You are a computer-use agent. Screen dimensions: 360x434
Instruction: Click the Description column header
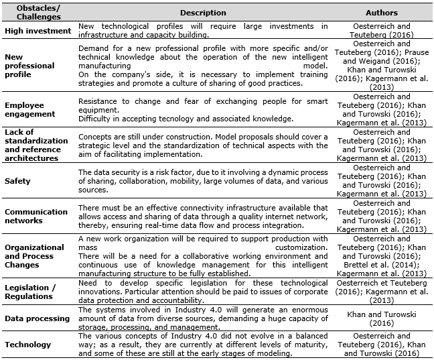coord(203,13)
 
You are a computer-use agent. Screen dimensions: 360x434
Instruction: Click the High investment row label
coord(38,31)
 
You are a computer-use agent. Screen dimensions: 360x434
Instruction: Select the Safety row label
coord(17,181)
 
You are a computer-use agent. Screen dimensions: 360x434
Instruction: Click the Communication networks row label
coord(36,216)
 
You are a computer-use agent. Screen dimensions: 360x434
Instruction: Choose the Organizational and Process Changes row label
coord(34,255)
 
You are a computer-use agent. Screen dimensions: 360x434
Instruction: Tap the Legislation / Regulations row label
coord(31,292)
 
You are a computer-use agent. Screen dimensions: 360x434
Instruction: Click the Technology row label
coord(27,345)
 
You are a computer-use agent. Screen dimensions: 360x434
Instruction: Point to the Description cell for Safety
coord(203,181)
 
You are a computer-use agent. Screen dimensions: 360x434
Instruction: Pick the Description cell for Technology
coord(203,345)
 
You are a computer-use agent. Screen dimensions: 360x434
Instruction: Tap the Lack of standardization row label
coord(36,145)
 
